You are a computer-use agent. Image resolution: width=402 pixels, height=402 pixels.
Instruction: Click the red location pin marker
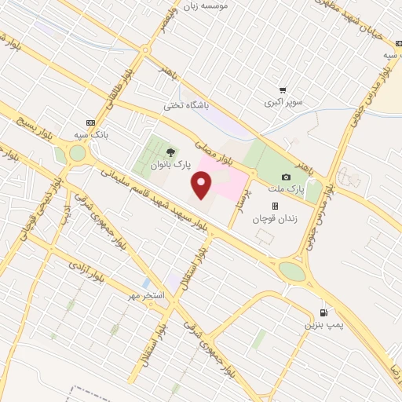point(202,185)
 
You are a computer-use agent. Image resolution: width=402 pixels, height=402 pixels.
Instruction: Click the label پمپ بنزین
point(320,323)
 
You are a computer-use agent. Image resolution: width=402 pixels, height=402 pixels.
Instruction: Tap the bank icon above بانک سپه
point(90,122)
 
